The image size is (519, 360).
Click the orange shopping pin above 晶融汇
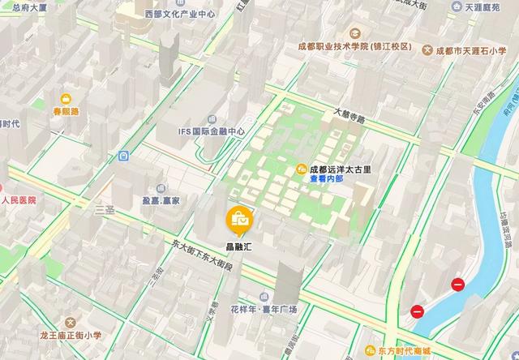point(240,218)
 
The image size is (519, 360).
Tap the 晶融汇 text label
point(240,242)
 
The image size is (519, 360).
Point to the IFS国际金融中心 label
point(212,131)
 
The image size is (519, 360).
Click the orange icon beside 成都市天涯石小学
point(428,49)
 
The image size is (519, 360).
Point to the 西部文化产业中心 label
point(180,14)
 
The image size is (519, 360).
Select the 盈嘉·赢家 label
point(161,199)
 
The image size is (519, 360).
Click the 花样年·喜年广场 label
point(264,310)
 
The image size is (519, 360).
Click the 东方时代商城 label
point(403,351)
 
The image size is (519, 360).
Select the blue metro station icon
point(123,156)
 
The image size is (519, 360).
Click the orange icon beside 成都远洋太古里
point(301,169)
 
